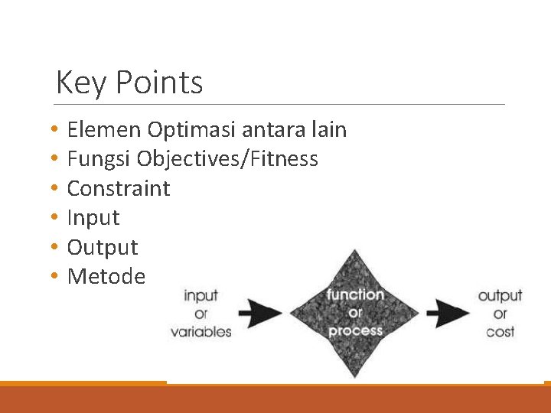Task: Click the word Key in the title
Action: (x=75, y=83)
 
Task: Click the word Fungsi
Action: (x=99, y=159)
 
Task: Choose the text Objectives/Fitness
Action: (x=227, y=159)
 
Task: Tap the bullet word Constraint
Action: (x=119, y=188)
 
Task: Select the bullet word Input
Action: (x=93, y=218)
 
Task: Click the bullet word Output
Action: (x=103, y=247)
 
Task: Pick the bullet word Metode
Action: (x=106, y=276)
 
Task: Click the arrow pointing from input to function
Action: (x=260, y=313)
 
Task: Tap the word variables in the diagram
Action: (x=201, y=331)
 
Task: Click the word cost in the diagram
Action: (x=500, y=331)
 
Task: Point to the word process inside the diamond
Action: (x=355, y=330)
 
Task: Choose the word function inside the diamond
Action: (x=355, y=294)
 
